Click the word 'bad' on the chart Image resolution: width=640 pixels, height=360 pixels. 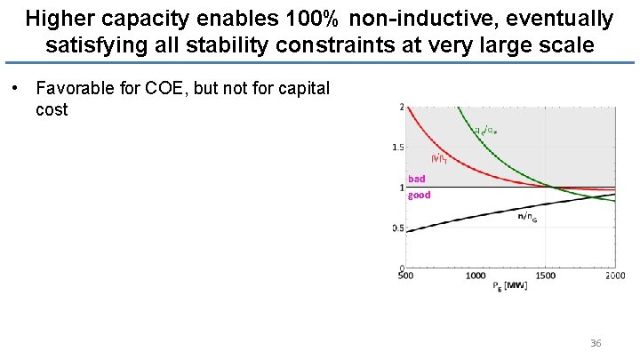(x=416, y=180)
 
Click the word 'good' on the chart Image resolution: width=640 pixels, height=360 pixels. (x=419, y=195)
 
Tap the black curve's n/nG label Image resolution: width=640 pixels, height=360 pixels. (x=526, y=216)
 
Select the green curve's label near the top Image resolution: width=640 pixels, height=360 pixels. (x=485, y=130)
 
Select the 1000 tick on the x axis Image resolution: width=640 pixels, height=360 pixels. (x=475, y=276)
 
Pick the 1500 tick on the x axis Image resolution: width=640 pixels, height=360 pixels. (x=545, y=276)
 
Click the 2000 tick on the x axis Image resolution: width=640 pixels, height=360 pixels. (x=614, y=276)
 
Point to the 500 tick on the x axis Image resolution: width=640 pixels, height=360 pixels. (x=406, y=276)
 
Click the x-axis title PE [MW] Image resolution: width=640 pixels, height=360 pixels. (x=508, y=287)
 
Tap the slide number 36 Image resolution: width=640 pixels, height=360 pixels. (x=596, y=343)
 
